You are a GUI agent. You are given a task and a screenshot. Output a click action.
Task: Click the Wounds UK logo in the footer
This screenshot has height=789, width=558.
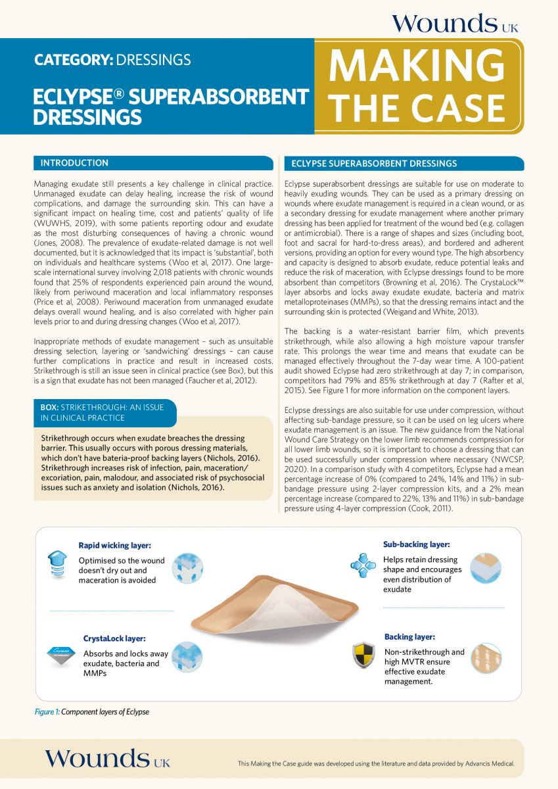107,759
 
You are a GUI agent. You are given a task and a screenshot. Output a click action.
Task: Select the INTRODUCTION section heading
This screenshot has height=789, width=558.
74,163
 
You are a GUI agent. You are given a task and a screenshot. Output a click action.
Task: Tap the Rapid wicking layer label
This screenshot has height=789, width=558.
114,546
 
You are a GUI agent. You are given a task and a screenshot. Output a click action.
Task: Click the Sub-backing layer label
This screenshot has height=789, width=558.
417,544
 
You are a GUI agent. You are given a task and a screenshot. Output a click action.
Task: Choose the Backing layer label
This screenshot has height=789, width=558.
409,637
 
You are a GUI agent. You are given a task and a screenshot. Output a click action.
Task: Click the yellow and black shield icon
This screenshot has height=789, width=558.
363,656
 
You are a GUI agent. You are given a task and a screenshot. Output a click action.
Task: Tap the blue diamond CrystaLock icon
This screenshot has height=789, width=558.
60,653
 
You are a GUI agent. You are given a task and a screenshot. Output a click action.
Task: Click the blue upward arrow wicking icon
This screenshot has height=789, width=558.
58,564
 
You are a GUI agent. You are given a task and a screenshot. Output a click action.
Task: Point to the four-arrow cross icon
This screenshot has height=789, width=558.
363,565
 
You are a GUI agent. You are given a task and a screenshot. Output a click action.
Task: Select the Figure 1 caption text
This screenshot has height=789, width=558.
92,712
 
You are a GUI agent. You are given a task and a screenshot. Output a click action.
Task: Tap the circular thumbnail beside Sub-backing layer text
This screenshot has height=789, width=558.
485,568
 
